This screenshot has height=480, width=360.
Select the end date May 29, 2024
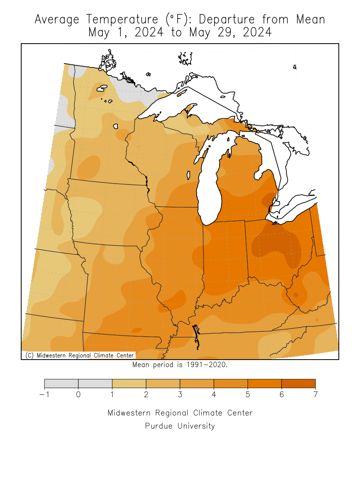tap(230, 32)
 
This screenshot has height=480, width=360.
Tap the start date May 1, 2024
tap(126, 32)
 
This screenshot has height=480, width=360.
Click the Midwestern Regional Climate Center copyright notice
tap(79, 355)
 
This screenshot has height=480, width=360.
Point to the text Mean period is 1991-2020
tap(180, 365)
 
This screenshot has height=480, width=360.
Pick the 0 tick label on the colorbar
tap(78, 395)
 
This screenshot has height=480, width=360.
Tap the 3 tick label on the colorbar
tap(180, 395)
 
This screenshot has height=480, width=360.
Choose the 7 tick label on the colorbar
tap(316, 395)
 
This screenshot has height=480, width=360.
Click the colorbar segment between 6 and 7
tap(298, 384)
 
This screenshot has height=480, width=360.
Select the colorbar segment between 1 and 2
tap(129, 384)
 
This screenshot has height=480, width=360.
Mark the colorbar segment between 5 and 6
tap(264, 384)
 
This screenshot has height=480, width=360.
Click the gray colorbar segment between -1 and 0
tap(61, 384)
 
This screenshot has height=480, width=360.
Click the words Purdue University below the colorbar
tap(180, 426)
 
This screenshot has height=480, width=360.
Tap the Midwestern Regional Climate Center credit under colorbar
tap(180, 413)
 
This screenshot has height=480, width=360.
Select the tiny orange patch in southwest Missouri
tap(137, 330)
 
